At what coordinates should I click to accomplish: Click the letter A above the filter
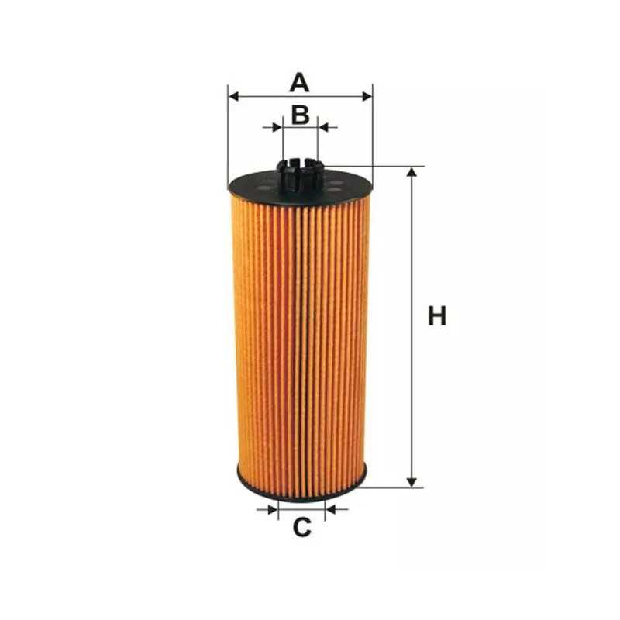point(300,81)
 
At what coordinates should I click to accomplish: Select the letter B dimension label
point(301,115)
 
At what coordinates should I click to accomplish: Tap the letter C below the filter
point(301,528)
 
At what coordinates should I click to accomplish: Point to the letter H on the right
point(438,316)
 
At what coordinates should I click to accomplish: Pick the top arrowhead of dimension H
point(412,171)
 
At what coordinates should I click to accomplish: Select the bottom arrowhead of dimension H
point(412,482)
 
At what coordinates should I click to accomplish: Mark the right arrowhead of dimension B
point(325,126)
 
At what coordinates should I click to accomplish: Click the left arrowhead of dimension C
point(272,509)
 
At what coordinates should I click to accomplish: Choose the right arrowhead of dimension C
point(332,509)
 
